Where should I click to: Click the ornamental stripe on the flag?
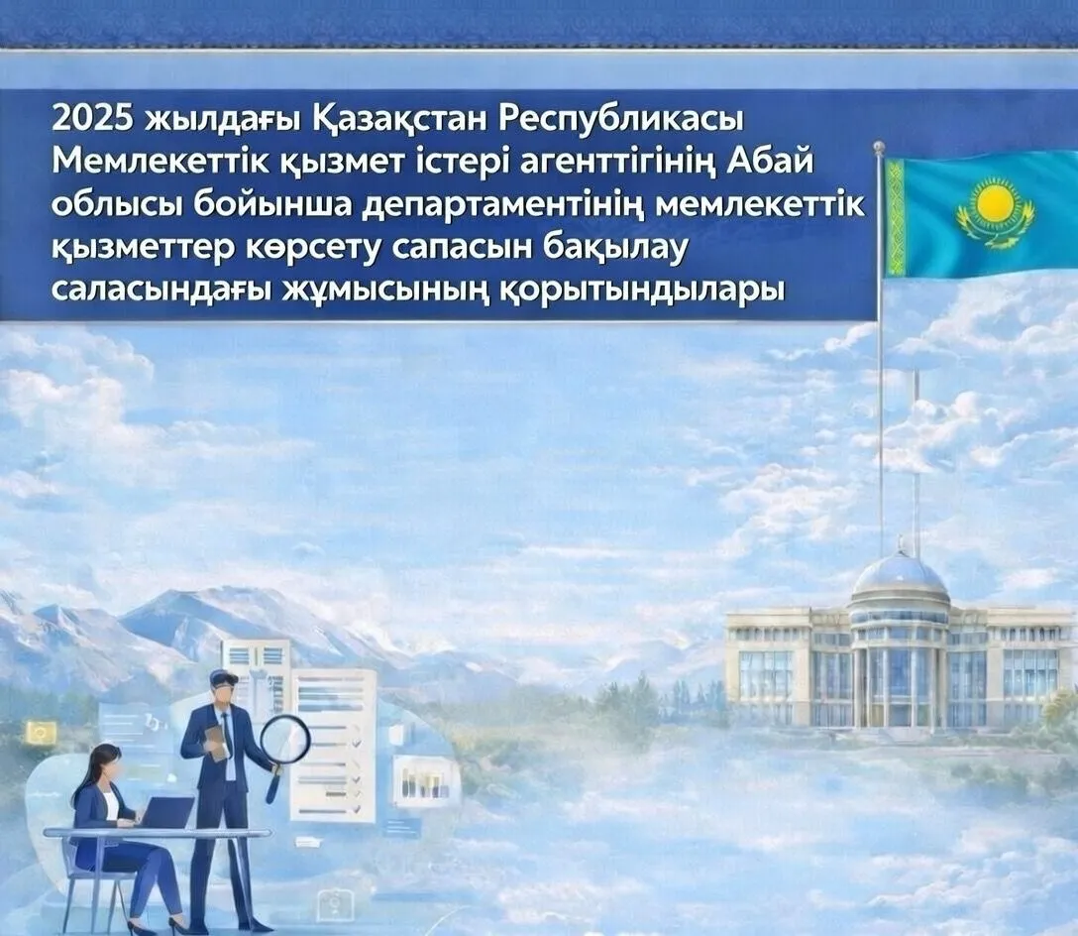[x=897, y=219]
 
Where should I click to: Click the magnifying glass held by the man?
[x=283, y=739]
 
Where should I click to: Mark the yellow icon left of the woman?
[x=41, y=732]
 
